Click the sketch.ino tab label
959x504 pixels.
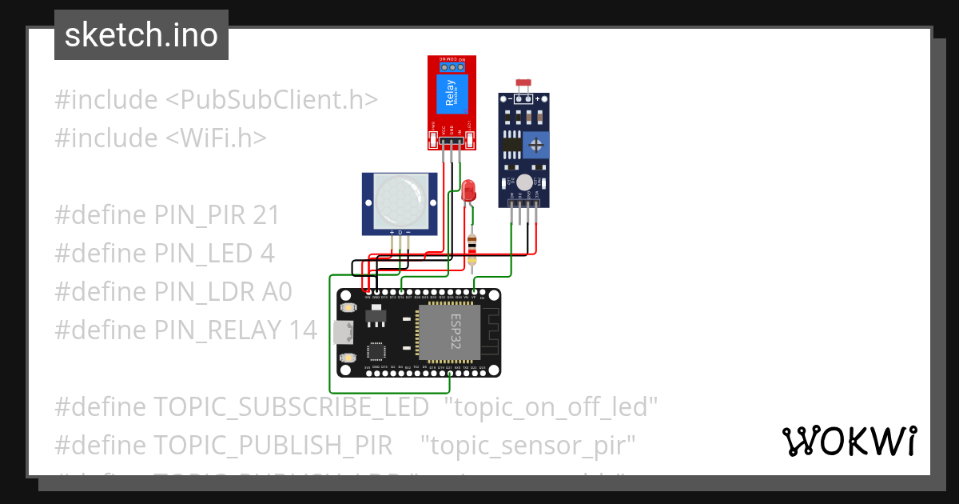[x=141, y=35]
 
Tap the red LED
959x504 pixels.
[x=469, y=190]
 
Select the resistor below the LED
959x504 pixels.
[x=472, y=245]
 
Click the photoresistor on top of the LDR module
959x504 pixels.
[x=524, y=83]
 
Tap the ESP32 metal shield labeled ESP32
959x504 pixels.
[x=449, y=332]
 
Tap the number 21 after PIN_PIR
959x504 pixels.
[x=266, y=214]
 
